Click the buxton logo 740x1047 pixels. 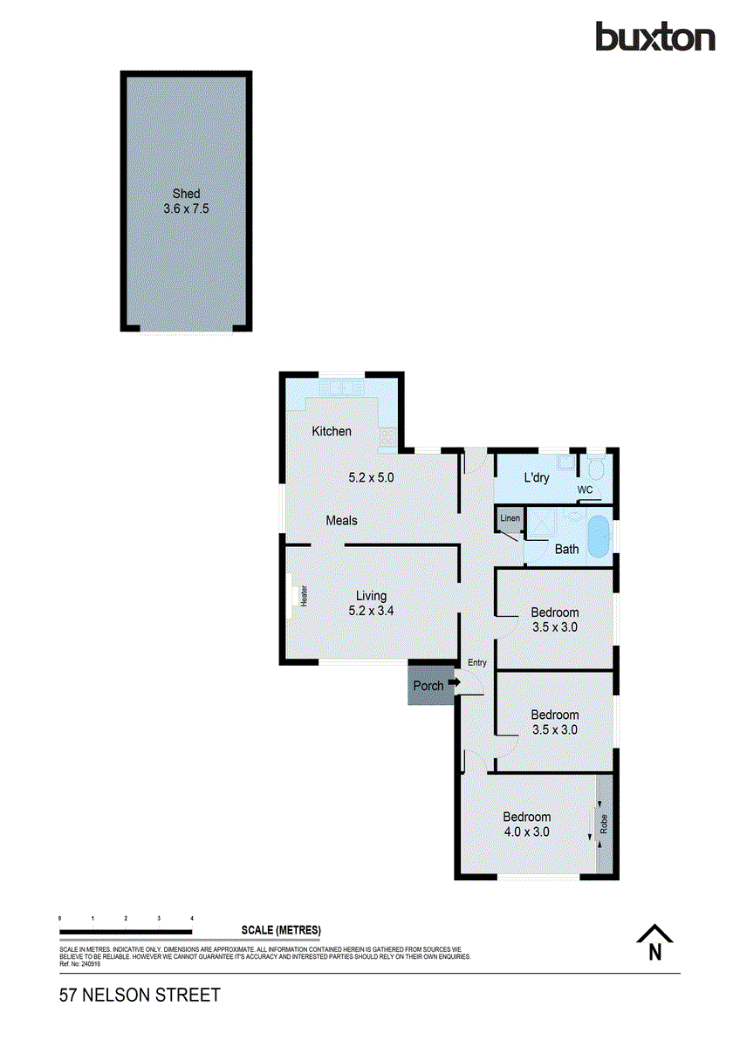click(654, 38)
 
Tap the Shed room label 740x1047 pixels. click(186, 194)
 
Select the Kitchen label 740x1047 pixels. click(332, 431)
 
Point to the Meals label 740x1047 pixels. click(341, 520)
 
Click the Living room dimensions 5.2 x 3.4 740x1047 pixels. click(371, 611)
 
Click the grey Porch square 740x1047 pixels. click(428, 685)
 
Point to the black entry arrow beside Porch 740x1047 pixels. click(454, 683)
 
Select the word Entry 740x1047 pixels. click(476, 662)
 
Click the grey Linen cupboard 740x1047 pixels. click(510, 519)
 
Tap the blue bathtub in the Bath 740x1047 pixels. click(598, 537)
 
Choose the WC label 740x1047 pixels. click(585, 489)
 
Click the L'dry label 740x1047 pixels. click(537, 478)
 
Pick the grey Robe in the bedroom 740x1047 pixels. click(603, 823)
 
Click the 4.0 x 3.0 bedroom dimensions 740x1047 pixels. click(526, 831)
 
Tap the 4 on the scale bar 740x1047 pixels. click(192, 919)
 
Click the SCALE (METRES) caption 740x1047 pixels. click(281, 928)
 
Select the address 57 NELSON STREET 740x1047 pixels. click(140, 995)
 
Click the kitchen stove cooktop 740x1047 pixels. click(387, 435)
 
